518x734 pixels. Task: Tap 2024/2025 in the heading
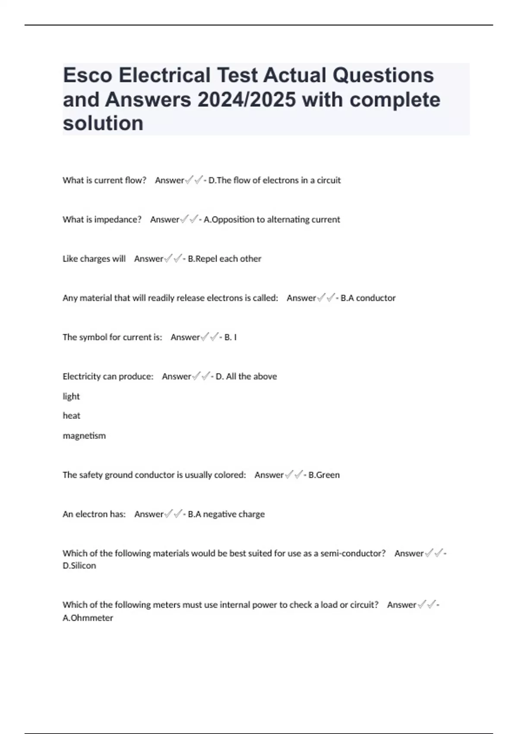pos(246,100)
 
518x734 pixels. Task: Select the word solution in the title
pos(103,123)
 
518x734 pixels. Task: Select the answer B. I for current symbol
pos(230,337)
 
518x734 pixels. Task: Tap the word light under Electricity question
pos(71,396)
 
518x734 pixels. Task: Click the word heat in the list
pos(72,416)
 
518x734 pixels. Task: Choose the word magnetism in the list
pos(84,436)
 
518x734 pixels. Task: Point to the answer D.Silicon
pos(79,566)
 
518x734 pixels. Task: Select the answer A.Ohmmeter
pos(88,618)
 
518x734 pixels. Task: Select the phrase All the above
pos(251,376)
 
